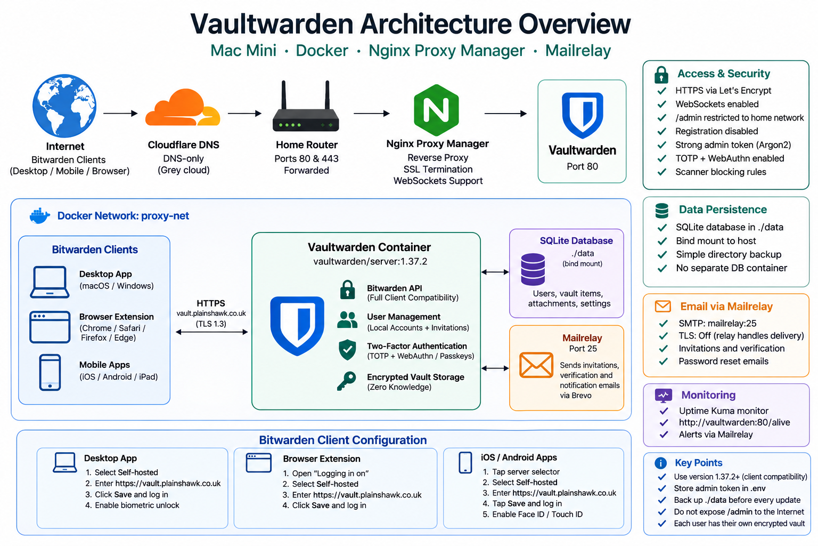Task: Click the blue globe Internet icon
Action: coord(64,106)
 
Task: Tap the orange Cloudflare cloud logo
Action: coord(183,108)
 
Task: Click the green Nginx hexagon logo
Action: coord(436,110)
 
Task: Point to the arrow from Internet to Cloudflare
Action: coord(120,114)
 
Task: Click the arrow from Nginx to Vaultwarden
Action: coord(505,114)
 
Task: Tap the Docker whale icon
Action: coord(39,216)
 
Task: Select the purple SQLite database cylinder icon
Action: coord(533,269)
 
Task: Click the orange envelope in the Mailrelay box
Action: coord(536,365)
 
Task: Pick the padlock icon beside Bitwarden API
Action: coord(347,290)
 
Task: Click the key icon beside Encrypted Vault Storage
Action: coord(346,381)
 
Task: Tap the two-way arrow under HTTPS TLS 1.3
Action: coord(212,332)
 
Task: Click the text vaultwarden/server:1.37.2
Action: coord(370,261)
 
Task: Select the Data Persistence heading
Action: coord(723,210)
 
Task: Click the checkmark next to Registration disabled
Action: coord(662,131)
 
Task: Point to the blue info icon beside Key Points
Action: coord(660,463)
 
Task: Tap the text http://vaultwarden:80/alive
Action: coord(734,422)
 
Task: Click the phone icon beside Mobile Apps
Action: coord(50,372)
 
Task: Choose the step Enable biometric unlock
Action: coord(137,505)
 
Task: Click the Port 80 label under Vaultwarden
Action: coord(582,166)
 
